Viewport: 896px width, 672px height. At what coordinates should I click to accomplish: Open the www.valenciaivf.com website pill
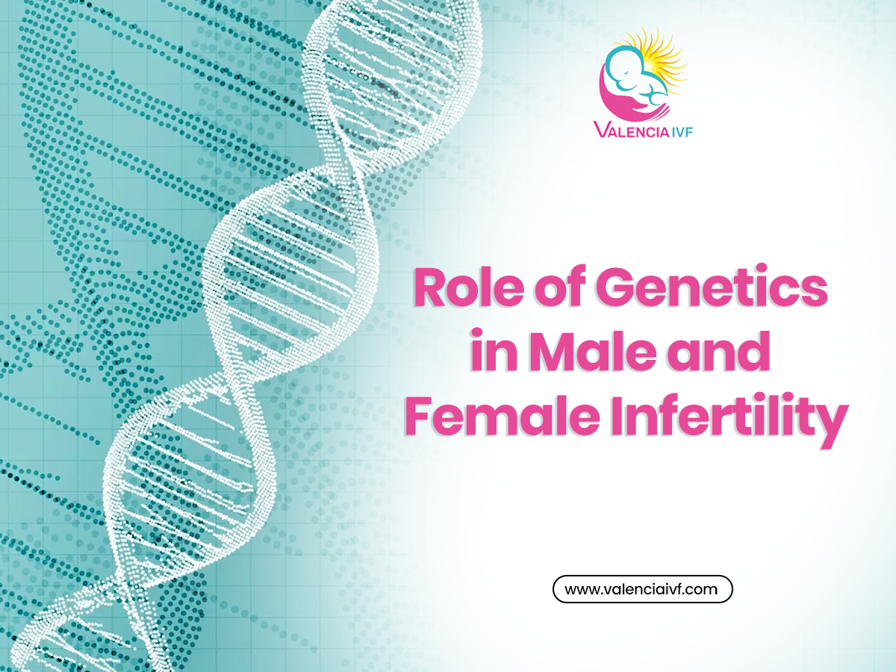pos(642,589)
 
